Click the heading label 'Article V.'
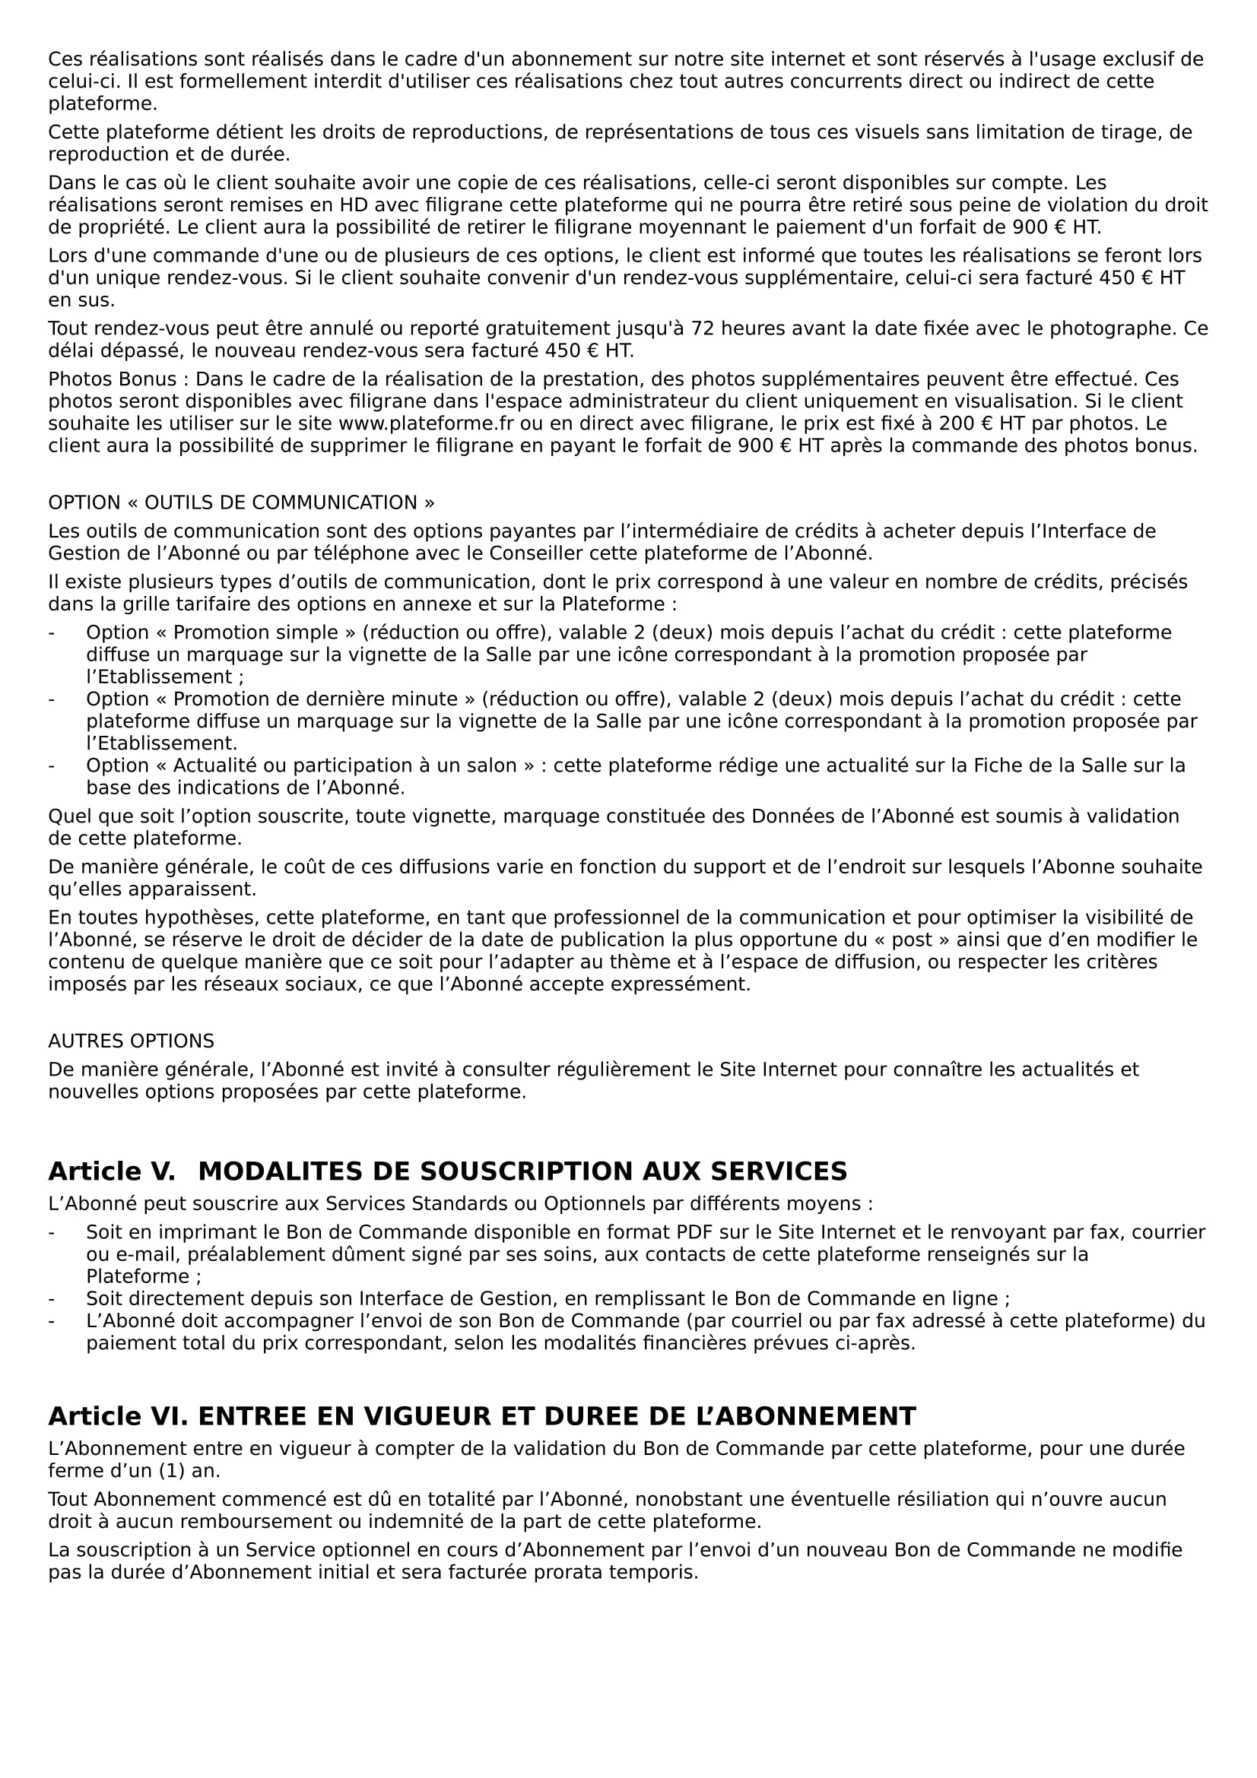tap(112, 1171)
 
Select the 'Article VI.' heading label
tap(118, 1416)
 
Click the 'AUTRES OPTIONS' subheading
tap(131, 1041)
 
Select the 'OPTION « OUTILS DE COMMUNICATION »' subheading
tap(241, 502)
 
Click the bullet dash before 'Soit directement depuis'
tap(52, 1298)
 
